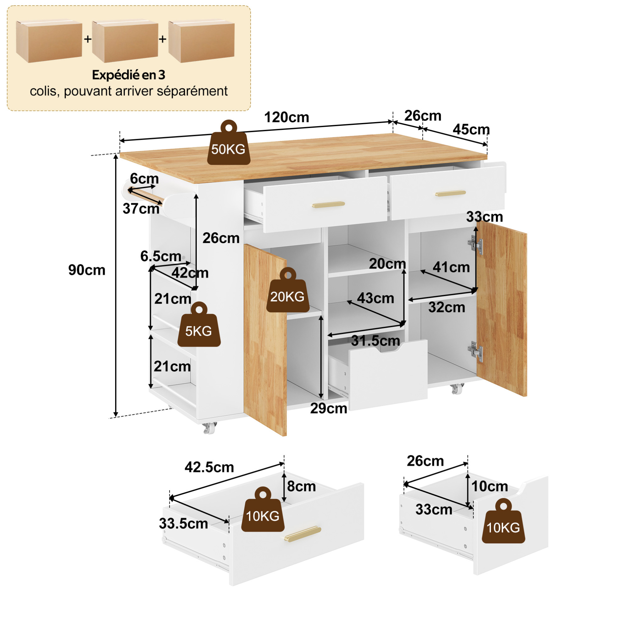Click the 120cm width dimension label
point(286,117)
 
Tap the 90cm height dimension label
point(87,270)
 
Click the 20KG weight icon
point(288,290)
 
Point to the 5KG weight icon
point(199,324)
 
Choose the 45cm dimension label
point(471,130)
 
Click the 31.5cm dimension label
point(375,340)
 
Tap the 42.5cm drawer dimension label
point(209,467)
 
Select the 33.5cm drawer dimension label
point(183,524)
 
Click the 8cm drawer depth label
point(301,486)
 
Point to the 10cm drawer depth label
point(490,486)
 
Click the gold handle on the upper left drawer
point(328,205)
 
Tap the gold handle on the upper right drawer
point(450,193)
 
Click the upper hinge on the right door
point(475,245)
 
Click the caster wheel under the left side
point(209,428)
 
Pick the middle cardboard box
point(125,41)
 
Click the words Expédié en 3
point(129,75)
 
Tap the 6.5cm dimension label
point(161,256)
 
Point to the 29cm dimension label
point(328,408)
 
